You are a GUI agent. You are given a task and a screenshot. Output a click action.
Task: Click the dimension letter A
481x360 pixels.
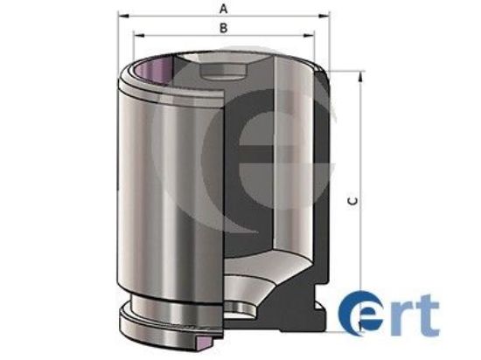[223, 9]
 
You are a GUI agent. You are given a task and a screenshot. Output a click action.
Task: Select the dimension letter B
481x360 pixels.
[223, 29]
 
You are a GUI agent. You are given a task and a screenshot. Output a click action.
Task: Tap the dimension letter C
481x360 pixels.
[351, 201]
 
